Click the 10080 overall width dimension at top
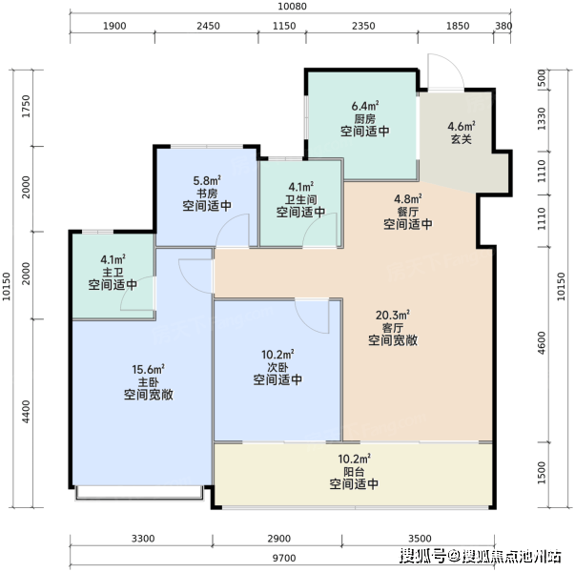pyautogui.click(x=292, y=7)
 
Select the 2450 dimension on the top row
pyautogui.click(x=208, y=26)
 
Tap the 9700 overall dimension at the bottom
pyautogui.click(x=284, y=558)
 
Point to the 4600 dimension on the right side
pyautogui.click(x=542, y=343)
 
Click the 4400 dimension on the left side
pyautogui.click(x=26, y=412)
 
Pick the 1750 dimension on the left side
pyautogui.click(x=26, y=107)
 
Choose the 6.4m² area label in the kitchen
pyautogui.click(x=365, y=106)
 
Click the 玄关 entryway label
pyautogui.click(x=462, y=139)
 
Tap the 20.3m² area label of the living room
pyautogui.click(x=392, y=315)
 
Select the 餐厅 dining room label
pyautogui.click(x=408, y=212)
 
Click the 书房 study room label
pyautogui.click(x=207, y=194)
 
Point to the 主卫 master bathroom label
pyautogui.click(x=113, y=273)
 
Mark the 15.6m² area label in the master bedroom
pyautogui.click(x=148, y=369)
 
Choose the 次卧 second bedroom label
pyautogui.click(x=277, y=367)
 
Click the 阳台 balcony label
pyautogui.click(x=354, y=472)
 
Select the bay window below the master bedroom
pyautogui.click(x=139, y=493)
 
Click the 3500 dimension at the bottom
pyautogui.click(x=420, y=539)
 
